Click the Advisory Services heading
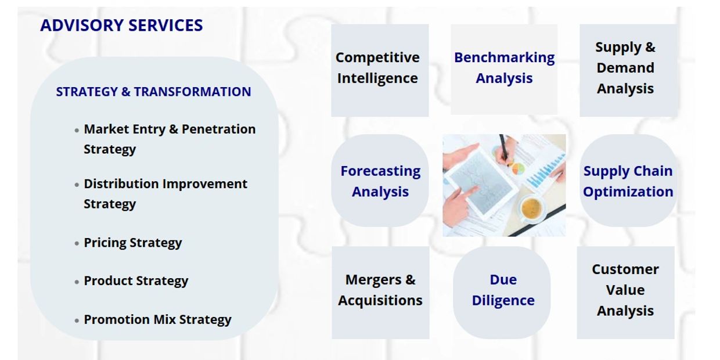pyautogui.click(x=121, y=26)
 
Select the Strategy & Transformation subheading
pyautogui.click(x=154, y=92)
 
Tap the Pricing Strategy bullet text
pyautogui.click(x=133, y=243)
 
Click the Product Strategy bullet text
pyautogui.click(x=136, y=281)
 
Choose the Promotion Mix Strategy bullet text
pyautogui.click(x=157, y=320)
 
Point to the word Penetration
pyautogui.click(x=218, y=129)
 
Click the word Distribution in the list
pyautogui.click(x=121, y=184)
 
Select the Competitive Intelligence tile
pyautogui.click(x=380, y=70)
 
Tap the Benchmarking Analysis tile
pyautogui.click(x=504, y=69)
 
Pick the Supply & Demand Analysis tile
pyautogui.click(x=628, y=70)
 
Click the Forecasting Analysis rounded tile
pyautogui.click(x=380, y=181)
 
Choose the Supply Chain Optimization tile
pyautogui.click(x=628, y=181)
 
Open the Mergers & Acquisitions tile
pyautogui.click(x=380, y=293)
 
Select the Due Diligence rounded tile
pyautogui.click(x=502, y=293)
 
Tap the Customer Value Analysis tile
pyautogui.click(x=625, y=293)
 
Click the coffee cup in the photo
pyautogui.click(x=531, y=208)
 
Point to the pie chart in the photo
pyautogui.click(x=518, y=168)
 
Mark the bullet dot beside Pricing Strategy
pyautogui.click(x=77, y=244)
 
